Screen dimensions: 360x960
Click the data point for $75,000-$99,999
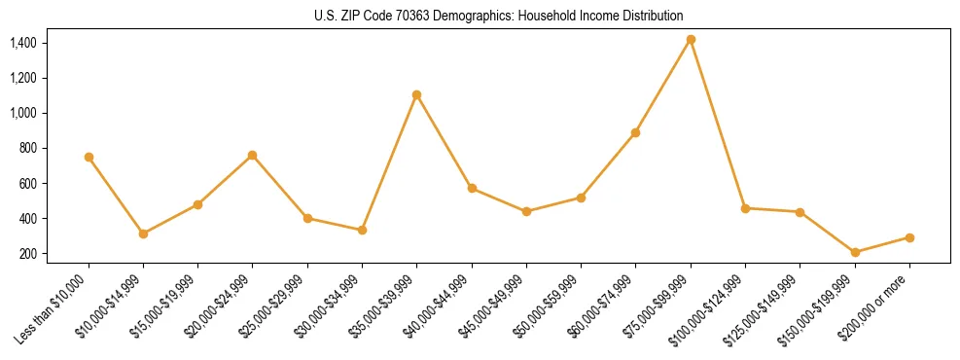691,40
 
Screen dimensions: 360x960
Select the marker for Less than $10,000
89,157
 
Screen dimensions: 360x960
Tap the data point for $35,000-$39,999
416,94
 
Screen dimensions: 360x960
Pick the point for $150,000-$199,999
855,253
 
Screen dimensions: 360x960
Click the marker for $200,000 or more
909,237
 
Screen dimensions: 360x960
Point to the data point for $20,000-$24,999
253,155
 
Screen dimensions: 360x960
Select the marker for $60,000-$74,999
636,132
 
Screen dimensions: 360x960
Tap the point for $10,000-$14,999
143,234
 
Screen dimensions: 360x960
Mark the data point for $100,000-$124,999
745,208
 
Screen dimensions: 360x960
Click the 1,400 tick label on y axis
22,43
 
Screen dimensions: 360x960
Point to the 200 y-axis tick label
27,254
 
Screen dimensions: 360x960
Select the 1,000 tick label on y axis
22,113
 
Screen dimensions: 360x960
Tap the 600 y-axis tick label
27,184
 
